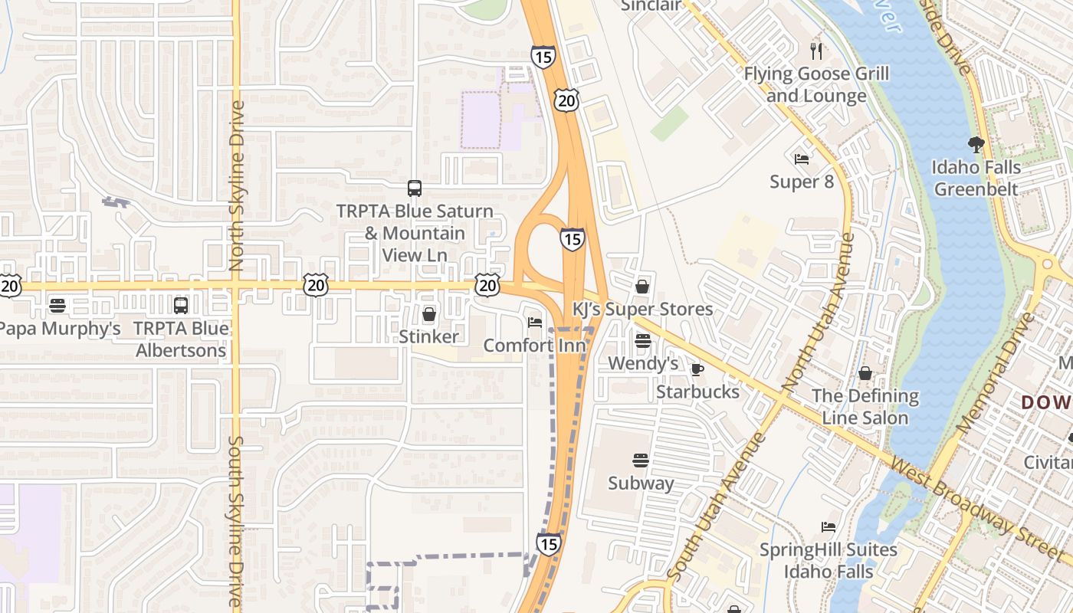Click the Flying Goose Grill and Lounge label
pyautogui.click(x=816, y=85)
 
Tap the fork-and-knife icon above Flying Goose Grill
pyautogui.click(x=816, y=51)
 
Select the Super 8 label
pyautogui.click(x=802, y=182)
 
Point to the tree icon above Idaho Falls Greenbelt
pyautogui.click(x=976, y=144)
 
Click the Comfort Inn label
pyautogui.click(x=534, y=346)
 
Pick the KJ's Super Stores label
pyautogui.click(x=642, y=310)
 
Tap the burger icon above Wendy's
pyautogui.click(x=642, y=341)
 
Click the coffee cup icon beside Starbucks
pyautogui.click(x=697, y=370)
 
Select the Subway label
pyautogui.click(x=641, y=484)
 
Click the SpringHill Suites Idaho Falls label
pyautogui.click(x=828, y=561)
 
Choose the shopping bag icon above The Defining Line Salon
pyautogui.click(x=865, y=374)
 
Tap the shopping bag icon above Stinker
pyautogui.click(x=429, y=314)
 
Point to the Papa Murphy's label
pyautogui.click(x=60, y=329)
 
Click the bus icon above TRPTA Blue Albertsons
pyautogui.click(x=181, y=306)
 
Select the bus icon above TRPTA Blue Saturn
pyautogui.click(x=415, y=188)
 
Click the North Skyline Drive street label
pyautogui.click(x=236, y=185)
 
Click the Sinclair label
pyautogui.click(x=651, y=5)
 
